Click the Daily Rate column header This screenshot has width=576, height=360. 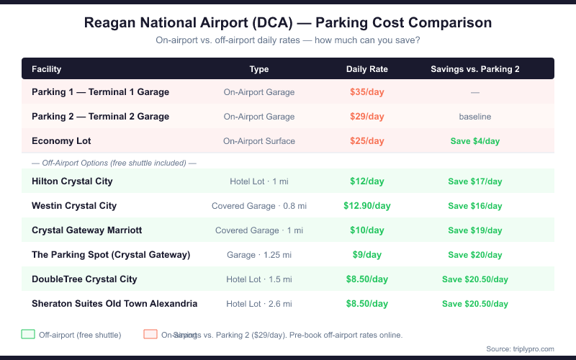point(367,69)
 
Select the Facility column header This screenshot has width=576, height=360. point(46,69)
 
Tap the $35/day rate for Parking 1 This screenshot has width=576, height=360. point(367,92)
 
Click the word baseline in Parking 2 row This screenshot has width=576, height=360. point(475,117)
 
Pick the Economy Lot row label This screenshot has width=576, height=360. point(61,141)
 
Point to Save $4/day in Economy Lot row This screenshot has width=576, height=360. point(475,141)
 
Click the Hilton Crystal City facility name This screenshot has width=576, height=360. point(72,181)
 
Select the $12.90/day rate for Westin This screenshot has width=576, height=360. point(367,206)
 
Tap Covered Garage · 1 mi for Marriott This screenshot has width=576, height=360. point(259,230)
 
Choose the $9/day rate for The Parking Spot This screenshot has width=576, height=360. point(367,255)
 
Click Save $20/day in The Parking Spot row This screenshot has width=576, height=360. point(475,255)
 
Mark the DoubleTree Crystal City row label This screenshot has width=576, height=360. point(84,279)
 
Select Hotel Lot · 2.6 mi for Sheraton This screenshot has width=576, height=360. point(259,304)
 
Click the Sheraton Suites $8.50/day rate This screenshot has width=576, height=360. point(367,304)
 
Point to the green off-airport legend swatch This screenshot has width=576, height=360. point(28,334)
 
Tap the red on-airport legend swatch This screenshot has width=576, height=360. point(150,334)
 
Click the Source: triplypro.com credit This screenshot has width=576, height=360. point(521,348)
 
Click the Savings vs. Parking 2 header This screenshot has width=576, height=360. point(475,69)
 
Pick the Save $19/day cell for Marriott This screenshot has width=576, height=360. point(475,230)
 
